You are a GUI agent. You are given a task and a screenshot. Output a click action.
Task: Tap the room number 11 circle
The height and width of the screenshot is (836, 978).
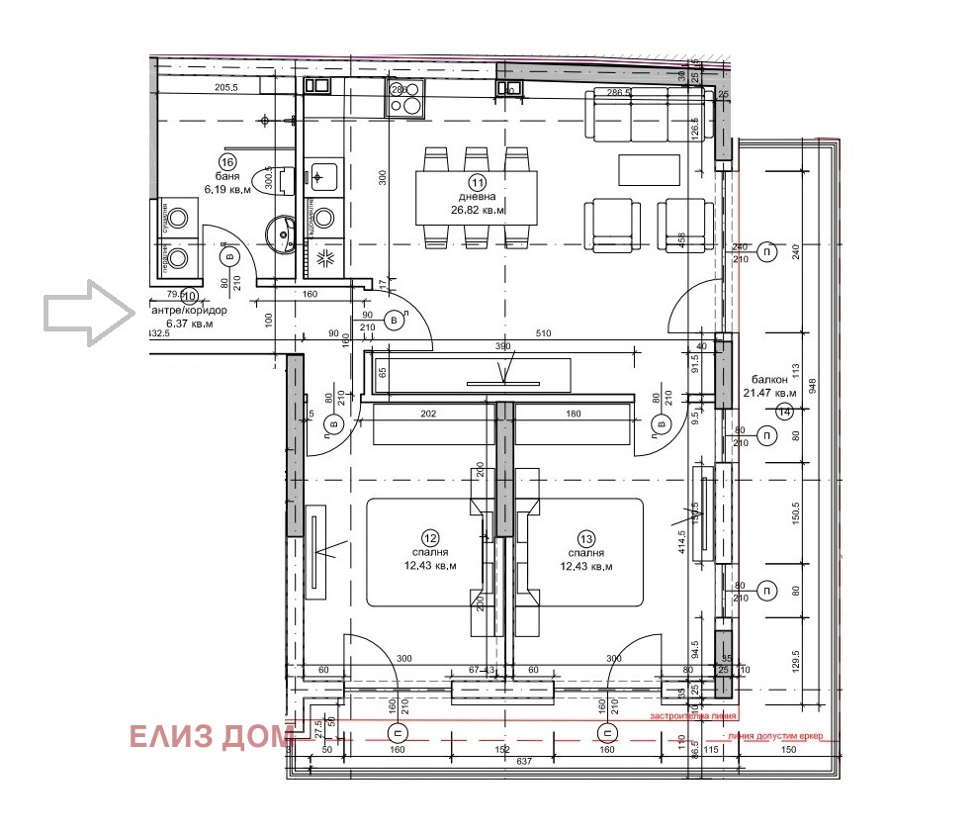tap(479, 182)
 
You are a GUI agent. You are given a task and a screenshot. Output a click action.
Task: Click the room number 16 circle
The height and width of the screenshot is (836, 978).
tap(227, 162)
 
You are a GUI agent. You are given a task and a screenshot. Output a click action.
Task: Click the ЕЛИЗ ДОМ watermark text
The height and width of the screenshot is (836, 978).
tap(211, 737)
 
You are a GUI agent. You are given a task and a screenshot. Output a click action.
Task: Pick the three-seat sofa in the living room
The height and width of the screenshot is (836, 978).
tap(647, 116)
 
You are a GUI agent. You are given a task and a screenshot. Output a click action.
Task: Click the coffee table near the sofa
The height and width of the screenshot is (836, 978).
tap(650, 169)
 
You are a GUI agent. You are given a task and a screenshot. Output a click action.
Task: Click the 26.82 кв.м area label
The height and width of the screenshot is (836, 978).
tap(479, 211)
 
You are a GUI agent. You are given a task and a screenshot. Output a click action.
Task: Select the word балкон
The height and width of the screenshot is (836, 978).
tap(769, 379)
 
